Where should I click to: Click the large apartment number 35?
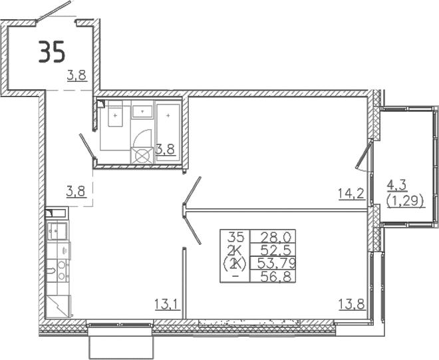coord(52,52)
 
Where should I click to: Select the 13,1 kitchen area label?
coord(167,305)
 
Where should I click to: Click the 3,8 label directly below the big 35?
coord(76,76)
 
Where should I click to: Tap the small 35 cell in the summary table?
coord(236,237)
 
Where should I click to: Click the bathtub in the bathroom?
coord(169,122)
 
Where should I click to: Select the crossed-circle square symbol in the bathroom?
coord(142,154)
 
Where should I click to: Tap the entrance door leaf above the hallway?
coord(54,11)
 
